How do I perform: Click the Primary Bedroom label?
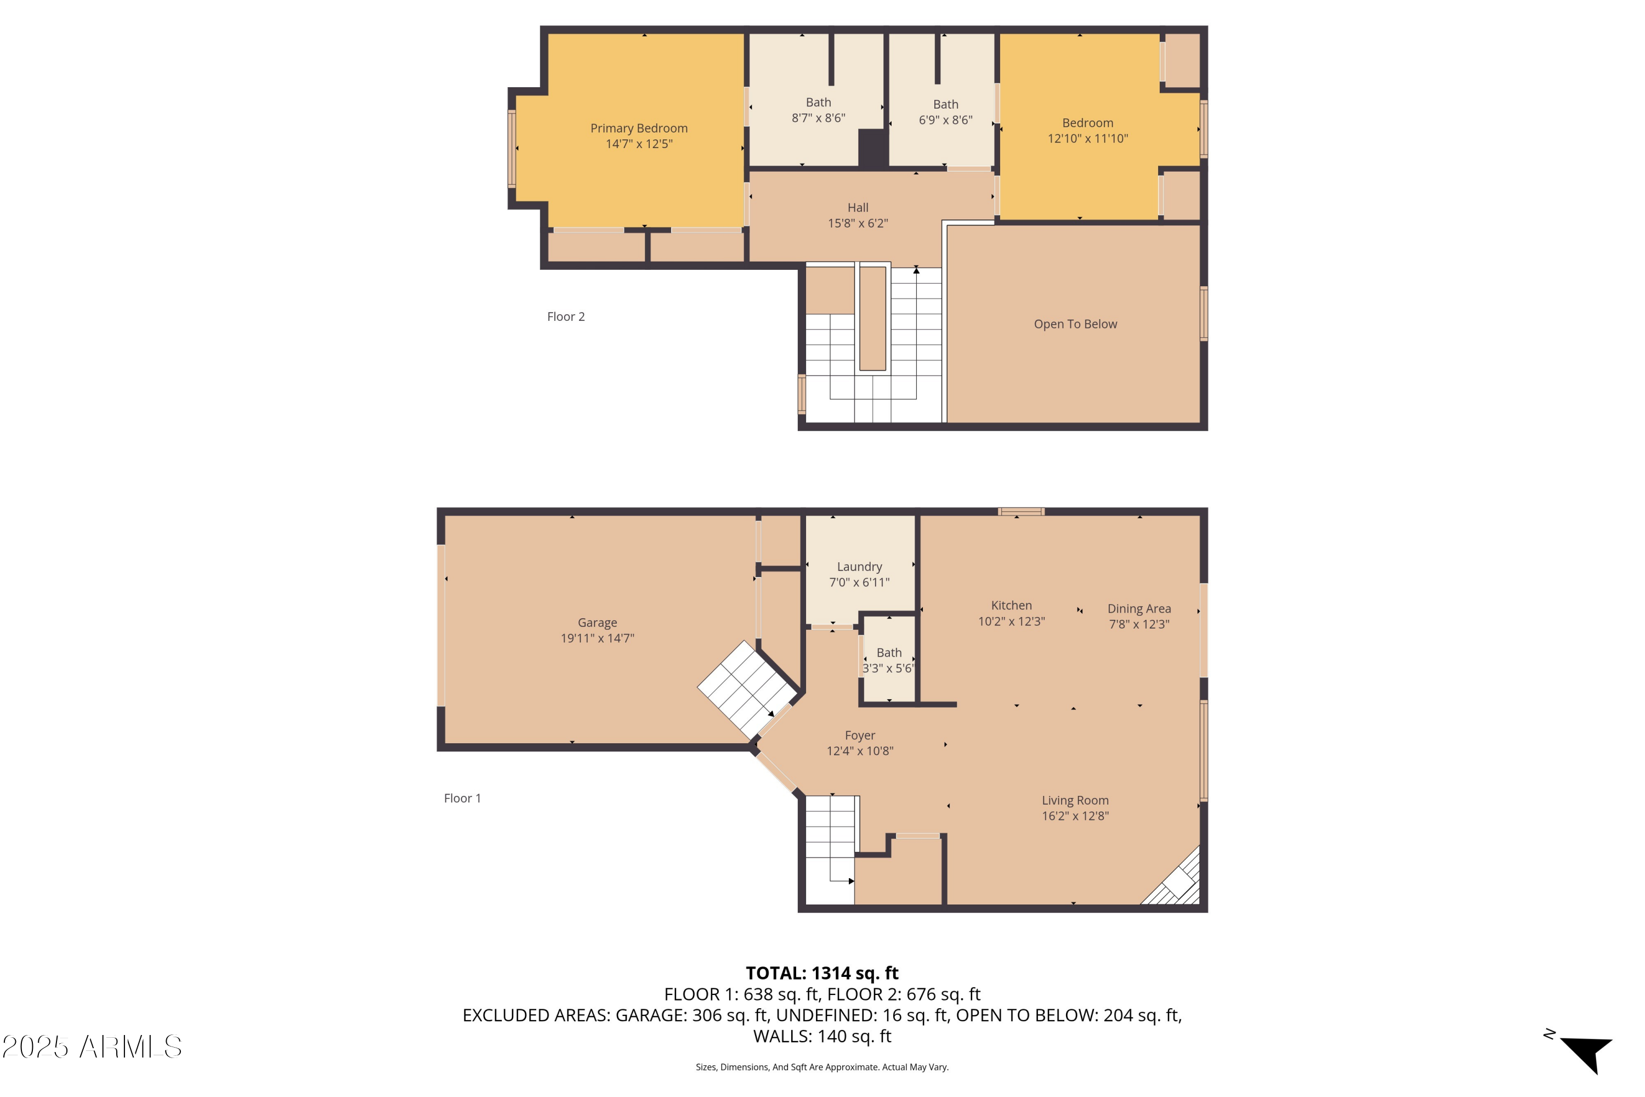pos(639,128)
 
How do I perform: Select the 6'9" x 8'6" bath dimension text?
pos(945,120)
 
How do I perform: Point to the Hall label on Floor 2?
pos(858,208)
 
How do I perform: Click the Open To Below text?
pos(1076,324)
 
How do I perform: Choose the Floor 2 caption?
pos(566,317)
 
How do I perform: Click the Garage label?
pos(597,623)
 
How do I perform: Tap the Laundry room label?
pos(860,567)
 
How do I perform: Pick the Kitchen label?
pos(1011,605)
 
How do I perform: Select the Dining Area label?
pos(1139,609)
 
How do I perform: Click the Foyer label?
pos(860,736)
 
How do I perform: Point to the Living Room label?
pos(1075,800)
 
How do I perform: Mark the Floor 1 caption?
pos(462,798)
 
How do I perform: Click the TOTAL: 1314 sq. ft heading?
pos(822,973)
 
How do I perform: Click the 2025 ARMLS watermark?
pos(92,1047)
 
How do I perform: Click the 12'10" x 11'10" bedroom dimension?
pos(1087,139)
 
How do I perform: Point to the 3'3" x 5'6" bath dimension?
pos(888,668)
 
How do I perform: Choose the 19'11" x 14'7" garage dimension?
pos(597,638)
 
